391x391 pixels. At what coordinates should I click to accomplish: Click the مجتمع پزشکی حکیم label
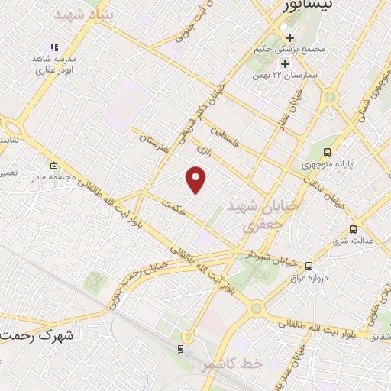point(288,50)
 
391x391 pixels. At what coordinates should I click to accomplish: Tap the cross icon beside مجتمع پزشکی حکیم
point(289,37)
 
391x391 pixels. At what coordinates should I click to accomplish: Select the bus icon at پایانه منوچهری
point(327,151)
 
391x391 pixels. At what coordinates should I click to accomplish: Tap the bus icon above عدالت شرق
point(352,228)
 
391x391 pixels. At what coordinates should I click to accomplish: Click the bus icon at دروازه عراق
point(309,265)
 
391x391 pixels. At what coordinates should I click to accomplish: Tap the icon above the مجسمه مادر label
point(53,166)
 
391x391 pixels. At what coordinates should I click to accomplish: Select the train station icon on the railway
point(180,349)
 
